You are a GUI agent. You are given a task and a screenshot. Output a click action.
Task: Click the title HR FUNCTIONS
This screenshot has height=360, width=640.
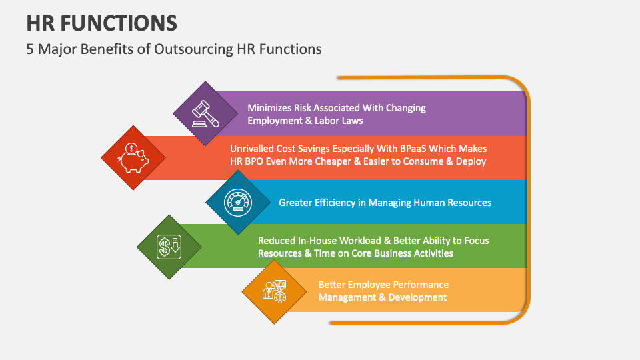(x=102, y=22)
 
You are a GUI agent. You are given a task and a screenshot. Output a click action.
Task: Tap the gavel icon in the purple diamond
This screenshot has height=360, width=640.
(x=205, y=113)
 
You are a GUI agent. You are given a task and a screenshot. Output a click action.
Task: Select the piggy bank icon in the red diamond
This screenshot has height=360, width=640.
(x=133, y=158)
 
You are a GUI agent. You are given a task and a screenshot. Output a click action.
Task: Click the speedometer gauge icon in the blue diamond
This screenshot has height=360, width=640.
(x=238, y=202)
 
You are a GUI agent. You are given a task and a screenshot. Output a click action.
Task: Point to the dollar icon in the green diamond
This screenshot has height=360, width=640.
(x=169, y=247)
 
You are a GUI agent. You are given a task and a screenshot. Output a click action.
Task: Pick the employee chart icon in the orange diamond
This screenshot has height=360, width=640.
(x=274, y=291)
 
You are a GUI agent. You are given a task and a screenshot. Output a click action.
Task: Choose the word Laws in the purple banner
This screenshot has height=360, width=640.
(x=350, y=121)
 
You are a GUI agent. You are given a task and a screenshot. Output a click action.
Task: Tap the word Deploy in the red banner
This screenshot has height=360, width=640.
(x=470, y=161)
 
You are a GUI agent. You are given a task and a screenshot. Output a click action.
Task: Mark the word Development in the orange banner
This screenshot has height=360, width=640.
(x=417, y=297)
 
